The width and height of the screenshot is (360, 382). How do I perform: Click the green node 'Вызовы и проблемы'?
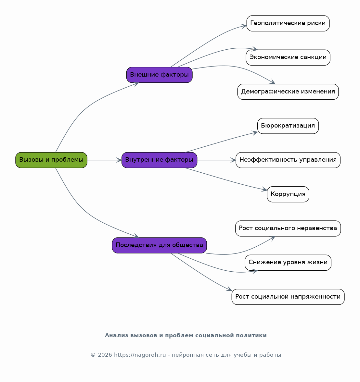[51, 160]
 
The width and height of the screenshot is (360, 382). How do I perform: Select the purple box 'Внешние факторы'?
[159, 75]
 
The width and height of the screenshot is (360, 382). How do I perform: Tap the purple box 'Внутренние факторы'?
[159, 160]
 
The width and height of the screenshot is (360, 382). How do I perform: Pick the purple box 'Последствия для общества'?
[159, 245]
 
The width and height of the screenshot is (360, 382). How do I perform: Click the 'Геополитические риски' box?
[288, 23]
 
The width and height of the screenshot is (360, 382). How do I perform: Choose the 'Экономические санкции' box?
[288, 57]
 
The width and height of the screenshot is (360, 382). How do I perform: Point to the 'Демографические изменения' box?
[288, 92]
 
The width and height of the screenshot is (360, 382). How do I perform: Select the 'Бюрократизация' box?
[288, 126]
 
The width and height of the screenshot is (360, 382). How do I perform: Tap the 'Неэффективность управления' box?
[288, 160]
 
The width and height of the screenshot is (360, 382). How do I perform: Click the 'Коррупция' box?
[288, 194]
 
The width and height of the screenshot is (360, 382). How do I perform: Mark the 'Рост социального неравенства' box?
[288, 228]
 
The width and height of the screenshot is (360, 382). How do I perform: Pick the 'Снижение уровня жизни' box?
[288, 263]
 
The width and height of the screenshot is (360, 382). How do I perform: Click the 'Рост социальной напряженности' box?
[288, 297]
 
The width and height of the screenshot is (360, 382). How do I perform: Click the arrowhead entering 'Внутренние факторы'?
[119, 160]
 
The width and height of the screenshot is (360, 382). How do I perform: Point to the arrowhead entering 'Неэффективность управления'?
[233, 160]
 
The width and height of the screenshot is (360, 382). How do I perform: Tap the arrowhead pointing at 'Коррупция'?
[264, 190]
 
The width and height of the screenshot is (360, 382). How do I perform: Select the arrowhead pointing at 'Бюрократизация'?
[255, 133]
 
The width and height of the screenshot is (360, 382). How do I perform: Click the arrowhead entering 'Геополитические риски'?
[244, 26]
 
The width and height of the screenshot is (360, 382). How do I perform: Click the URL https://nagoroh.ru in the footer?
[140, 355]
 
